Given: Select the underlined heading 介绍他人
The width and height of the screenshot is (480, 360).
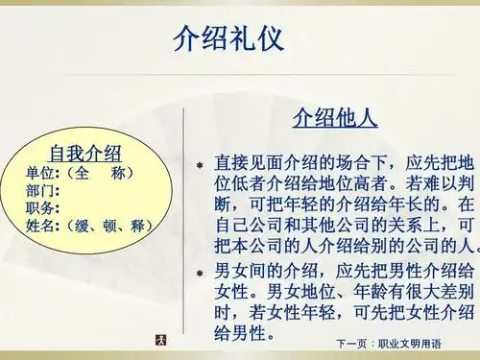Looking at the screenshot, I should coord(334,119).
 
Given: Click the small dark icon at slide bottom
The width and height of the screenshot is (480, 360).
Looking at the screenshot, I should coord(161,340).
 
